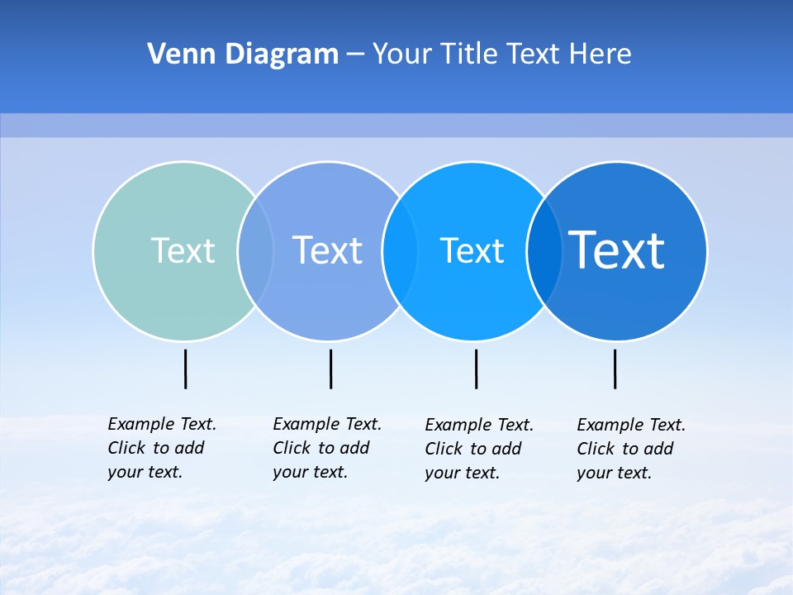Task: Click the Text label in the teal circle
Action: [183, 250]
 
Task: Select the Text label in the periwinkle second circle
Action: [327, 250]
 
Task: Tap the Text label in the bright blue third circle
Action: [472, 250]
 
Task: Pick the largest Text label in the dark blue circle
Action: [616, 250]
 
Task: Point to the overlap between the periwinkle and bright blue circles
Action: [400, 250]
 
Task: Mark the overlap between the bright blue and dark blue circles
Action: [544, 250]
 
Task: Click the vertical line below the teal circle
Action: [186, 369]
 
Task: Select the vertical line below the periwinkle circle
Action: [330, 369]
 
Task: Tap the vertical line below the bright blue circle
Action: [476, 369]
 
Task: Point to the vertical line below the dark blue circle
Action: [615, 369]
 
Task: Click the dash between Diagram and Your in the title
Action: [355, 55]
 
